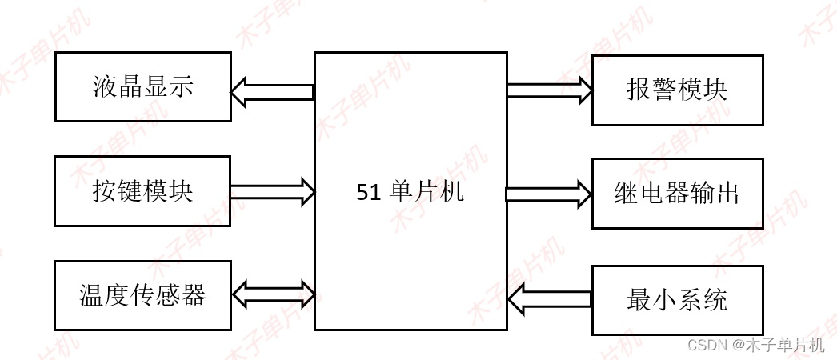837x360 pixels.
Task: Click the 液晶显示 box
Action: (142, 86)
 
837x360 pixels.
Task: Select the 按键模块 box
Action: (142, 191)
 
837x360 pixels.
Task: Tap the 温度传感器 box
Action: (142, 295)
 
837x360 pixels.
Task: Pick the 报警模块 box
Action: (677, 90)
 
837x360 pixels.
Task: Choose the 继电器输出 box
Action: (677, 194)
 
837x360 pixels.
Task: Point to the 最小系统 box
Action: (677, 301)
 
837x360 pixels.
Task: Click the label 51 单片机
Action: (410, 192)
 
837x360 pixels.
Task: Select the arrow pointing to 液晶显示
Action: (270, 92)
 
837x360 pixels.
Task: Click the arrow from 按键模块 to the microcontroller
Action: (273, 191)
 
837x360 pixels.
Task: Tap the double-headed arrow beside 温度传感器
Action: (273, 294)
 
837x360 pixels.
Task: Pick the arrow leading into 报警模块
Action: (550, 89)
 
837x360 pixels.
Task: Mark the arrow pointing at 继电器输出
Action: (550, 194)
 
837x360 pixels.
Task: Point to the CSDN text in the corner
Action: (705, 346)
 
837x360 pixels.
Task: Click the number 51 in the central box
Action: (368, 193)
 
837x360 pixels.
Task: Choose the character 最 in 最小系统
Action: (639, 301)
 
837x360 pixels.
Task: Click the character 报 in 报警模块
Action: (639, 90)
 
